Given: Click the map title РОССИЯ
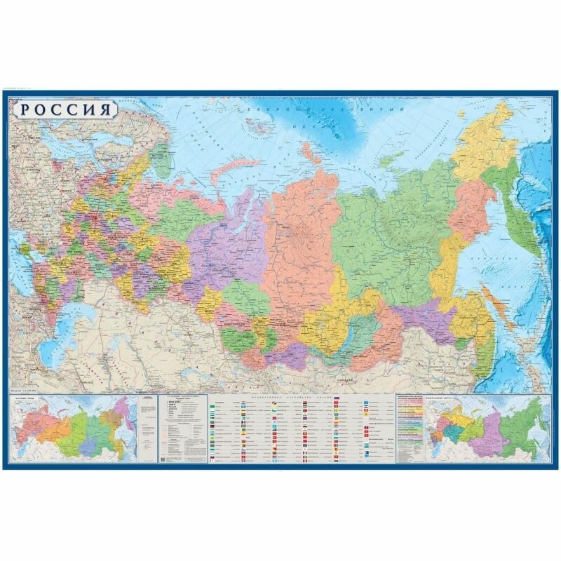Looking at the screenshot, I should click(x=64, y=110).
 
